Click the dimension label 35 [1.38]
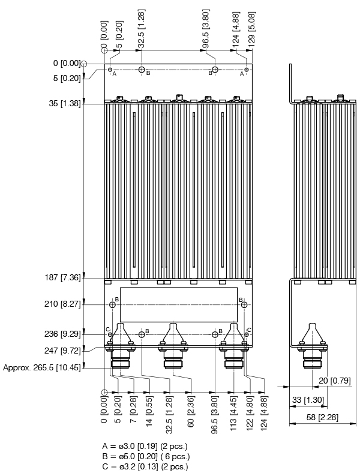coord(63,104)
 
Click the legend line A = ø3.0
coord(146,447)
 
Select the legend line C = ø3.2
coord(146,466)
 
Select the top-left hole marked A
coord(110,70)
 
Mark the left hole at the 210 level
coord(112,305)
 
